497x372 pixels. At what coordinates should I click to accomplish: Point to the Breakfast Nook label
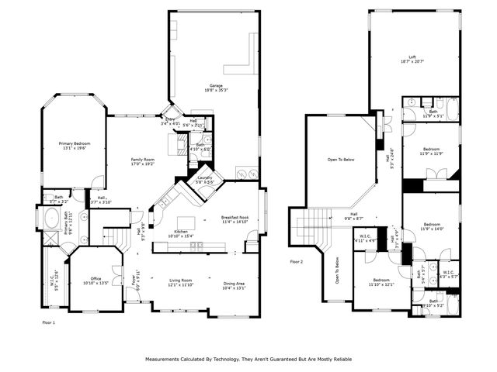tap(234, 219)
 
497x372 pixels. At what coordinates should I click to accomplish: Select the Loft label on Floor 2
tap(413, 58)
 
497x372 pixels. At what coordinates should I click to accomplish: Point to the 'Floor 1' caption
tap(48, 320)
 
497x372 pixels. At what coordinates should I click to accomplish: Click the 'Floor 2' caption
tap(296, 262)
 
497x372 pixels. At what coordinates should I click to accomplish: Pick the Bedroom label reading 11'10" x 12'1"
tap(381, 282)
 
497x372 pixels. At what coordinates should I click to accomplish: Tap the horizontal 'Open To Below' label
tap(340, 160)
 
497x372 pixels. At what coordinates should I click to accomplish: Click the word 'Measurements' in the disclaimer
tap(164, 360)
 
